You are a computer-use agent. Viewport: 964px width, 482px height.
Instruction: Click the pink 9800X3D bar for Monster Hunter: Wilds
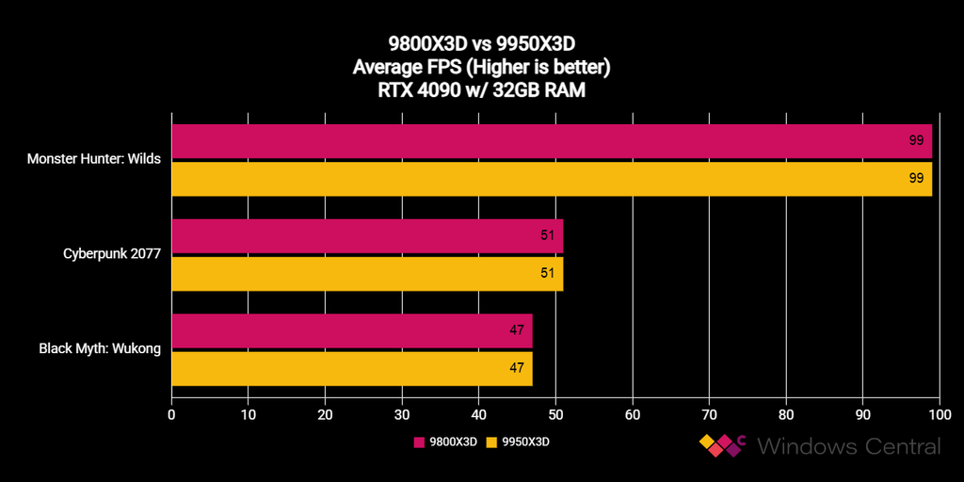pyautogui.click(x=552, y=141)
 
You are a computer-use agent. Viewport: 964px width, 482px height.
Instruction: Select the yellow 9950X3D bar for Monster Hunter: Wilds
pyautogui.click(x=552, y=179)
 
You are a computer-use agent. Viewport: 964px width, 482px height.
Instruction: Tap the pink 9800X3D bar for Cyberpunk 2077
pyautogui.click(x=367, y=235)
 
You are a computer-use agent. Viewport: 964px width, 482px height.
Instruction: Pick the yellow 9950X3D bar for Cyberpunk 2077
pyautogui.click(x=367, y=273)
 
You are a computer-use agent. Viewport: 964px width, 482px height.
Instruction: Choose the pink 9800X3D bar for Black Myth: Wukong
pyautogui.click(x=352, y=330)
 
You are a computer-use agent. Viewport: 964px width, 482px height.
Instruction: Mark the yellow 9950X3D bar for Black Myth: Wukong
pyautogui.click(x=352, y=368)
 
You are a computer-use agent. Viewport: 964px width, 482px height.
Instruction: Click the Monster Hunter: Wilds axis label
pyautogui.click(x=94, y=159)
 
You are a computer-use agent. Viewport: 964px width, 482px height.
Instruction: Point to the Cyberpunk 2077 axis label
pyautogui.click(x=112, y=253)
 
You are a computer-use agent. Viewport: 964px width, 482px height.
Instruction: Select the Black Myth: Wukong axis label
pyautogui.click(x=100, y=348)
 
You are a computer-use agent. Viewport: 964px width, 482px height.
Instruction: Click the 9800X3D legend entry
pyautogui.click(x=446, y=441)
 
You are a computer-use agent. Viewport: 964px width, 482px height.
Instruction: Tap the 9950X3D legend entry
pyautogui.click(x=517, y=441)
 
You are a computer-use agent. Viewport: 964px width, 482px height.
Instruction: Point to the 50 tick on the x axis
pyautogui.click(x=555, y=413)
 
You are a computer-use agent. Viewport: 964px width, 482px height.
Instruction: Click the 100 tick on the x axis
pyautogui.click(x=940, y=413)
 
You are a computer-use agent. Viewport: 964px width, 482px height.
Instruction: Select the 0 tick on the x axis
pyautogui.click(x=171, y=413)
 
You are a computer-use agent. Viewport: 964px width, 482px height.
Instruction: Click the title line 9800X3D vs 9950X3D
pyautogui.click(x=481, y=43)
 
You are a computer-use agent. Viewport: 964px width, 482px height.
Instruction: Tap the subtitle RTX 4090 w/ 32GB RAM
pyautogui.click(x=481, y=92)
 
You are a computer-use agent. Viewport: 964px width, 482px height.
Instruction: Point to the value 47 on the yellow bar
pyautogui.click(x=517, y=368)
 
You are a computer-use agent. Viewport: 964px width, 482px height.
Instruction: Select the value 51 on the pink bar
pyautogui.click(x=547, y=235)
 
